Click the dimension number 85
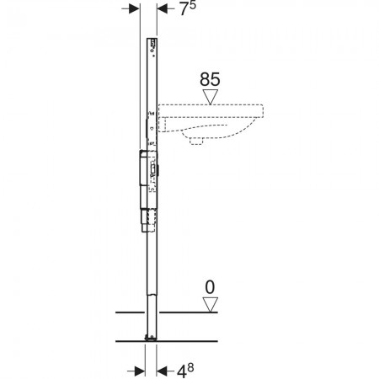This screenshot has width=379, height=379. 210,79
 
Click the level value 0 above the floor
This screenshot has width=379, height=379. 210,287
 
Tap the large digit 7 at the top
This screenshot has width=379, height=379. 184,9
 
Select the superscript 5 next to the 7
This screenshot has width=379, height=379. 192,5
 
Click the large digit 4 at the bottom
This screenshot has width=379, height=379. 182,371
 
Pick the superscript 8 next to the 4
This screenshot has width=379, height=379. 190,367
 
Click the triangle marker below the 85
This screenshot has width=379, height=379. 211,97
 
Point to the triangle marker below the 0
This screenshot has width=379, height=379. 211,305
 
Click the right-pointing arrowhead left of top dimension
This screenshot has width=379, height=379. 134,8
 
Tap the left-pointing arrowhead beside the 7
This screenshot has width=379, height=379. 163,8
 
